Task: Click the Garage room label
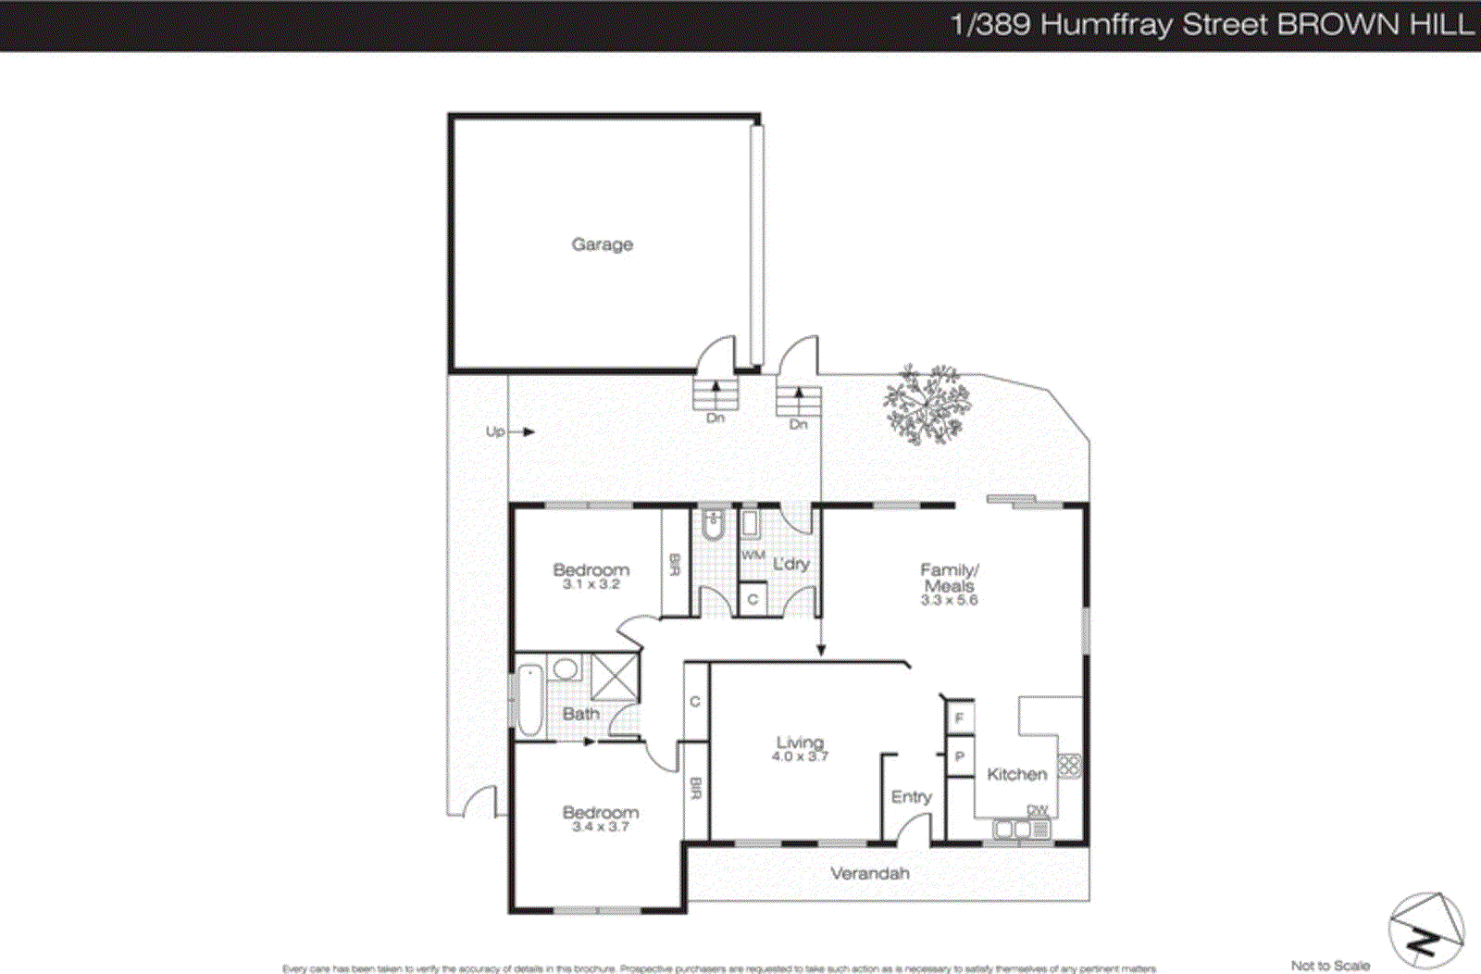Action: pyautogui.click(x=602, y=244)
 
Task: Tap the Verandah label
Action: pyautogui.click(x=869, y=873)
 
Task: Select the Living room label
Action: pyautogui.click(x=800, y=743)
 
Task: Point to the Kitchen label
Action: pyautogui.click(x=1016, y=774)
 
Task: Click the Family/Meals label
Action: pyautogui.click(x=949, y=578)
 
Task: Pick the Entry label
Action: pyautogui.click(x=911, y=796)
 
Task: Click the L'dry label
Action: pyautogui.click(x=790, y=563)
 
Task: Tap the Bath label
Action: pyautogui.click(x=580, y=714)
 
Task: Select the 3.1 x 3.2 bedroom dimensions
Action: pyautogui.click(x=591, y=584)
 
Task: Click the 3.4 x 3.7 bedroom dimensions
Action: pyautogui.click(x=600, y=826)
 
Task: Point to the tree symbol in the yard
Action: pyautogui.click(x=927, y=405)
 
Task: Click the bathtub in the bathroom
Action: pyautogui.click(x=529, y=699)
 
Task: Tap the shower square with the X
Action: pyautogui.click(x=615, y=677)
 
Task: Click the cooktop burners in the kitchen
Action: pyautogui.click(x=1069, y=766)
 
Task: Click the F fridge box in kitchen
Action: pyautogui.click(x=959, y=718)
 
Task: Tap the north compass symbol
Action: pyautogui.click(x=1425, y=930)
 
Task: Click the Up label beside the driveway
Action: pyautogui.click(x=495, y=431)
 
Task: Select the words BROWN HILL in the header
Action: pyautogui.click(x=1375, y=24)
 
